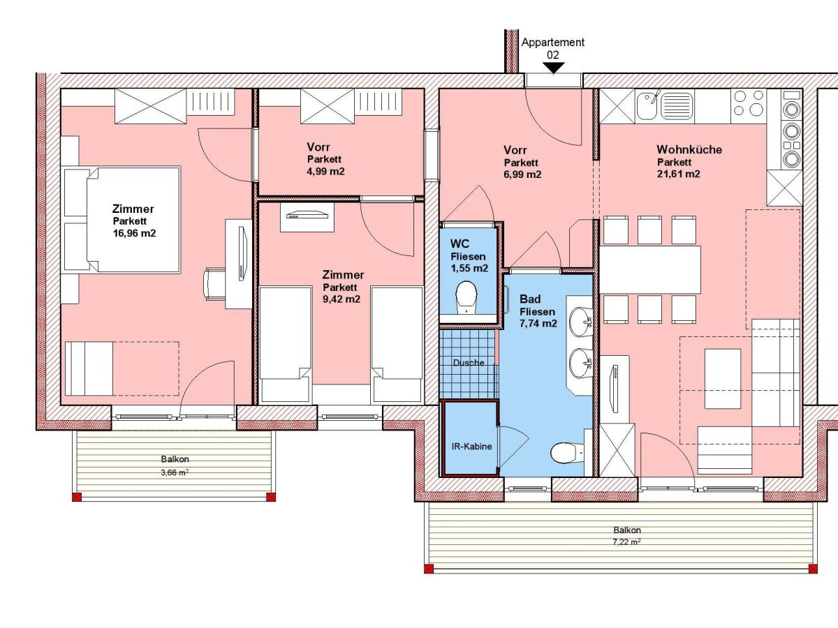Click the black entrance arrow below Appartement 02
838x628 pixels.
tap(553, 68)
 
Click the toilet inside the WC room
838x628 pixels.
tap(466, 296)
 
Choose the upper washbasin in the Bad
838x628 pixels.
tap(581, 322)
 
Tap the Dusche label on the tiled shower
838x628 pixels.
tap(468, 363)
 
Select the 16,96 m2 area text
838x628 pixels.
tap(134, 233)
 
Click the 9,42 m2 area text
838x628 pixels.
tap(341, 299)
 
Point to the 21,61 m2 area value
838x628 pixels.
tap(678, 174)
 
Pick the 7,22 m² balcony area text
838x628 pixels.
tap(626, 541)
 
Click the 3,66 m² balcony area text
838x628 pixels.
tap(175, 472)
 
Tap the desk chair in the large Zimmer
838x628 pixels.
tap(214, 283)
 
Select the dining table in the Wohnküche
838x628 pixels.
tap(649, 269)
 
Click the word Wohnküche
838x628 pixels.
tap(689, 149)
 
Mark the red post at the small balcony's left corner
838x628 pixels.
tap(77, 497)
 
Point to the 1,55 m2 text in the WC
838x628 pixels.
tap(469, 268)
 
